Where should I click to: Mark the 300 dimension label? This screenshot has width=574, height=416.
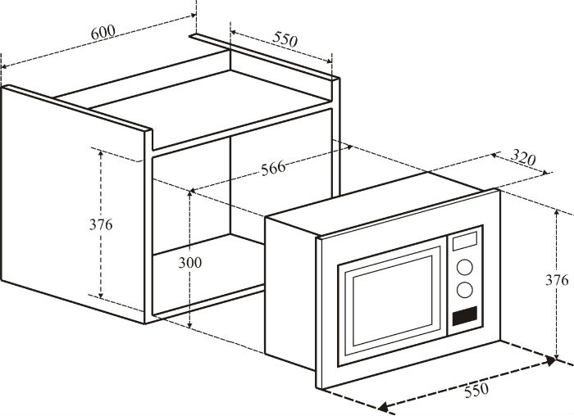click(189, 263)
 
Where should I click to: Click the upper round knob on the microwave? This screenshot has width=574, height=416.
click(463, 267)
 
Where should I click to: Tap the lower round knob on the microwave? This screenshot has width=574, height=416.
click(464, 289)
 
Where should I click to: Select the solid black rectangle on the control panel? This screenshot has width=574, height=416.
click(464, 315)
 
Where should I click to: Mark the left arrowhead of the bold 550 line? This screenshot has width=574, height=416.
click(382, 407)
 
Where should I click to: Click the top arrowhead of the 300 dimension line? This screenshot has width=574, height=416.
click(191, 193)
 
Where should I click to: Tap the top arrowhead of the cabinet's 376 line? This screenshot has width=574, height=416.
click(100, 153)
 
